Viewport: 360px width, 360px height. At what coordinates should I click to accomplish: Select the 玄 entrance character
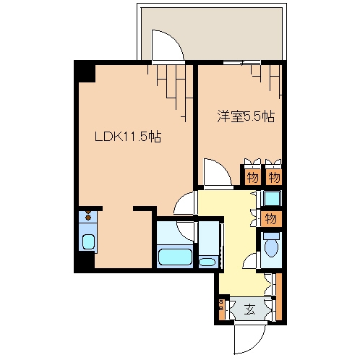point(249,310)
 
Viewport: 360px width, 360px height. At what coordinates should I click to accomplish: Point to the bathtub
point(174,257)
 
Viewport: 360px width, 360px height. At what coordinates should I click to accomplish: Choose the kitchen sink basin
point(88,241)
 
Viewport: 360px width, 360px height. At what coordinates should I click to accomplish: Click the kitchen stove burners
point(88,216)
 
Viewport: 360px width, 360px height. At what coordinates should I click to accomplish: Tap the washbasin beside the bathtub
point(207,261)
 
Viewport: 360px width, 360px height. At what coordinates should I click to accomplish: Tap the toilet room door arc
point(251,262)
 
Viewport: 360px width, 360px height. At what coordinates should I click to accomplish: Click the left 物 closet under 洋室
point(252,176)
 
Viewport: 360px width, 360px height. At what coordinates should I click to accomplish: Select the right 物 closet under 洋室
point(274,176)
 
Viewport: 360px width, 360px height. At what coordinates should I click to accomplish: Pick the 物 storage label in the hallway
point(271,218)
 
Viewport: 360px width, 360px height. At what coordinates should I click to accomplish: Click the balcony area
point(217,29)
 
